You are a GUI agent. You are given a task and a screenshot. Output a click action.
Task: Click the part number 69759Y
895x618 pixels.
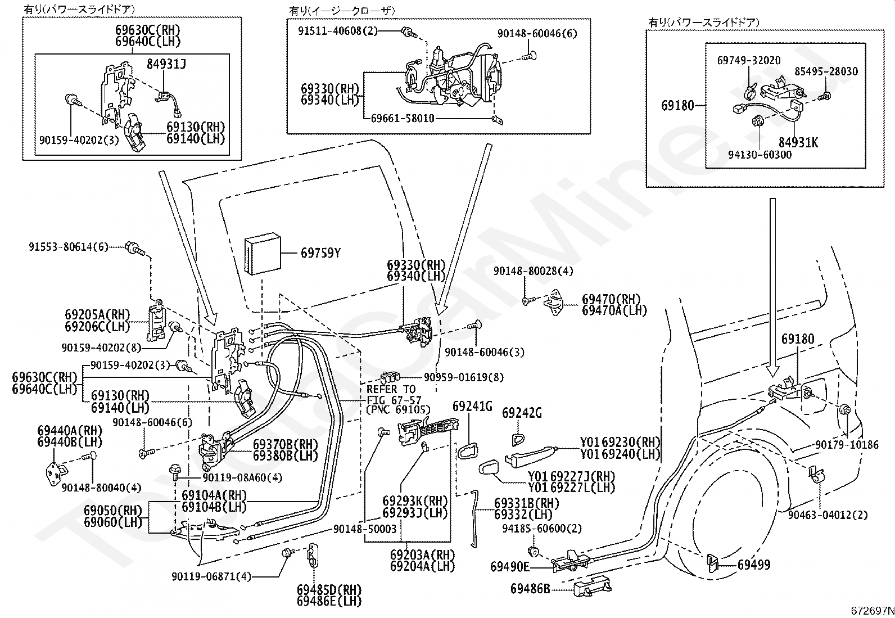click(x=320, y=253)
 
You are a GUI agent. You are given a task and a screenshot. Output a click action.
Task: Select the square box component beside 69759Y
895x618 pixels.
click(x=263, y=255)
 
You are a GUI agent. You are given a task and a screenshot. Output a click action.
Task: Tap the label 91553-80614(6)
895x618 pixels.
click(x=69, y=247)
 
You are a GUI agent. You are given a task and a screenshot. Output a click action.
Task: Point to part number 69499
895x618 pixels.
click(x=753, y=565)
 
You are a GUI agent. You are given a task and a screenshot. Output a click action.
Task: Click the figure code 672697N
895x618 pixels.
click(x=873, y=611)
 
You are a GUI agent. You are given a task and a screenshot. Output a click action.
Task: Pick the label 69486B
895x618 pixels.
click(x=530, y=589)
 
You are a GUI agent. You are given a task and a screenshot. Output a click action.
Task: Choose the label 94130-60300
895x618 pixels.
click(x=760, y=155)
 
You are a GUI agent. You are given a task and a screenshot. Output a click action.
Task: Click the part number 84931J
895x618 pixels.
click(x=166, y=64)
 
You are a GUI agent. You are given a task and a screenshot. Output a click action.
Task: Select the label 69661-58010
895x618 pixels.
click(x=403, y=118)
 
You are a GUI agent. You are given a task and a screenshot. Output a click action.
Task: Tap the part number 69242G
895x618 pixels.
click(x=522, y=413)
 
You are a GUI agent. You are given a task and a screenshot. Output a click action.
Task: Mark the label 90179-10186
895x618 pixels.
click(x=847, y=444)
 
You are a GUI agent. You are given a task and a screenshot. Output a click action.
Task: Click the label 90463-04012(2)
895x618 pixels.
click(x=828, y=515)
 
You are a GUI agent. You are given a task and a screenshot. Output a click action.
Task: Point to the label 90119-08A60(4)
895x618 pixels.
click(x=242, y=477)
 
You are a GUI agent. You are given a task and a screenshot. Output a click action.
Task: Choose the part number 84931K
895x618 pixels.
click(x=798, y=142)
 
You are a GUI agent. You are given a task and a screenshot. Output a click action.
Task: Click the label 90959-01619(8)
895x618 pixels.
click(x=463, y=377)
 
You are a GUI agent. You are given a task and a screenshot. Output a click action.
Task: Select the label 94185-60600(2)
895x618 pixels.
click(x=542, y=529)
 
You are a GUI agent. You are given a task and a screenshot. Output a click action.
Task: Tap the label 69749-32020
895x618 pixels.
click(x=749, y=60)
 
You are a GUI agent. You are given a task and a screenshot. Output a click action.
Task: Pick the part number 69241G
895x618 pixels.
click(x=472, y=407)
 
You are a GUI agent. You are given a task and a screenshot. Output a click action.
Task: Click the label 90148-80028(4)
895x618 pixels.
click(x=533, y=271)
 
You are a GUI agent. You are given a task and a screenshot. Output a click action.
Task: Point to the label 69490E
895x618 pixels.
click(x=510, y=567)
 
